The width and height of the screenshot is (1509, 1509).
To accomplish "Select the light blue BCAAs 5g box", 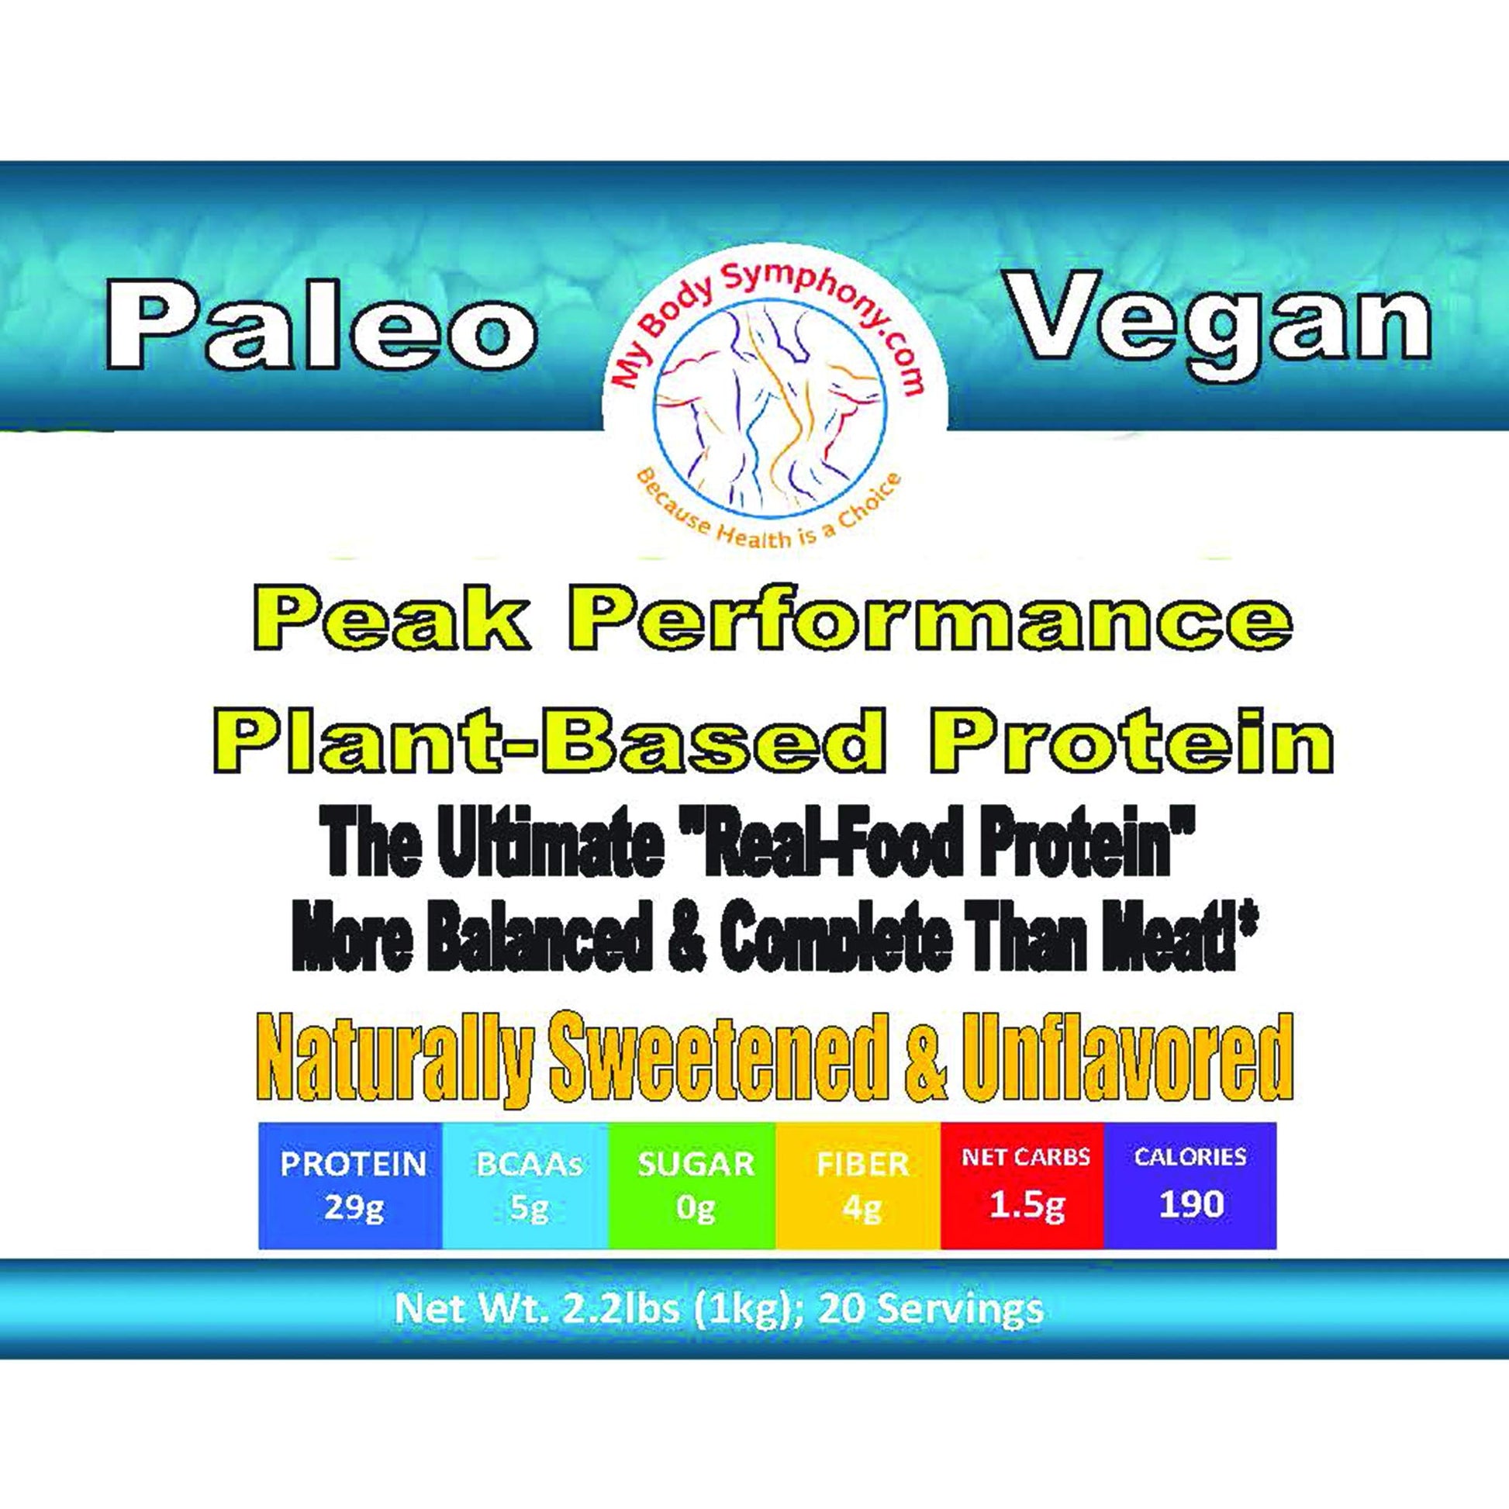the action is point(525,1186).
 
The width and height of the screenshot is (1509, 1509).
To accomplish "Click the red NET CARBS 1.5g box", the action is point(1022,1186).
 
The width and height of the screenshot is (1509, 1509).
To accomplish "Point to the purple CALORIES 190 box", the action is point(1190,1186).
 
